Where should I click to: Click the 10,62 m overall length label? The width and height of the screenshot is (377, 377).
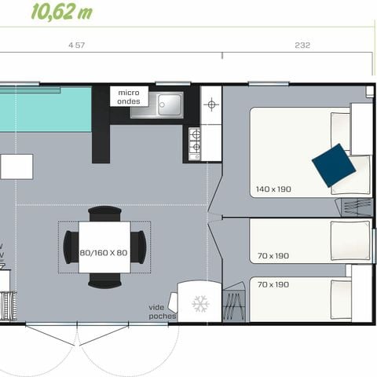(62, 11)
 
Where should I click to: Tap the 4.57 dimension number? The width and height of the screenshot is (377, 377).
(76, 46)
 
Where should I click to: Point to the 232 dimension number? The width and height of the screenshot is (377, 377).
(302, 46)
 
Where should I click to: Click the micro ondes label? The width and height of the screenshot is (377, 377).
(129, 97)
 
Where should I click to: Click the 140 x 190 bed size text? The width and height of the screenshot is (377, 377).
(273, 189)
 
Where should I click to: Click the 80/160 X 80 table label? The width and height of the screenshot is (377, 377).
(104, 253)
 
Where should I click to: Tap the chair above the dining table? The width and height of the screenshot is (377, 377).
(104, 214)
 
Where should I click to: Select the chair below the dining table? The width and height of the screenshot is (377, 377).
(104, 280)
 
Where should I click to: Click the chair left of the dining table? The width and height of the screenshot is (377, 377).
(70, 247)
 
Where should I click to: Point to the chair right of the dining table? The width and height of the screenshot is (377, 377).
(139, 247)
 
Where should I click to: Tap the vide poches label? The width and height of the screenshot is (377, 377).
(163, 311)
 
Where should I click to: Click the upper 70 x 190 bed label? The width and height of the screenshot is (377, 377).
(273, 256)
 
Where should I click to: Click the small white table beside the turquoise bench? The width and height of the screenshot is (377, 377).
(16, 167)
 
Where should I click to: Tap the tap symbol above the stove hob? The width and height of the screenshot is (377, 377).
(210, 104)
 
